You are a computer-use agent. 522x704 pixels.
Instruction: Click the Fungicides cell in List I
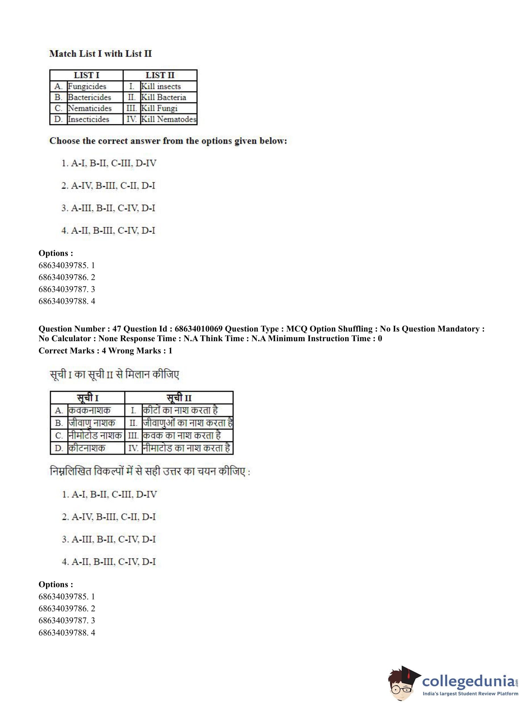pos(87,86)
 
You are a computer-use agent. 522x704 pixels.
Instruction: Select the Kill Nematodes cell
pos(168,119)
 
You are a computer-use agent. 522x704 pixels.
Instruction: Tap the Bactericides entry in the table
pos(90,97)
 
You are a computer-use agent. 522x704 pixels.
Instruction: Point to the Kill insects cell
pos(161,86)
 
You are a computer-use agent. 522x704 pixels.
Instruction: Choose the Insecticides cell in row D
pos(88,119)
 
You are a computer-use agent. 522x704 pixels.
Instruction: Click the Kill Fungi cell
pos(159,108)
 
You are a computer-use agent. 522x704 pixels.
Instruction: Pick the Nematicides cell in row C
pos(90,108)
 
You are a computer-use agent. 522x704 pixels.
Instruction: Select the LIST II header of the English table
pos(160,75)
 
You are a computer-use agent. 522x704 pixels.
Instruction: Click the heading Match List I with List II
pos(100,54)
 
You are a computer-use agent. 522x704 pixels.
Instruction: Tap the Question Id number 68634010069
pos(198,329)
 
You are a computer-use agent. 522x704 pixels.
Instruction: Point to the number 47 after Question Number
pos(117,329)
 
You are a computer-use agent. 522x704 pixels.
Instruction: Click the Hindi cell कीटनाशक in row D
pos(87,448)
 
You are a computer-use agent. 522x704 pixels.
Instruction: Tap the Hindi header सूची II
pos(179,397)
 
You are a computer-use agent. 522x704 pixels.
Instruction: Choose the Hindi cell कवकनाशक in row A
pos(90,411)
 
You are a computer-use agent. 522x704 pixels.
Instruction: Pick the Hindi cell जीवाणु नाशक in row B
pos(92,423)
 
